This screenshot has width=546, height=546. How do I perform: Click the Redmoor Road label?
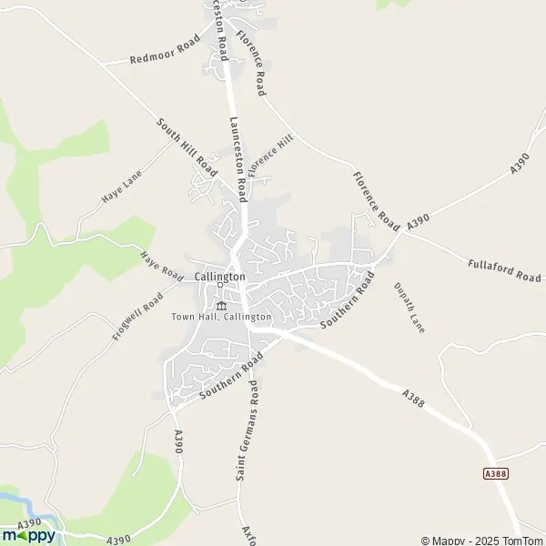click(x=165, y=53)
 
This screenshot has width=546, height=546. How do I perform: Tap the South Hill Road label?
click(x=187, y=147)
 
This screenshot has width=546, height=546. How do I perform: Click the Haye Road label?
click(x=162, y=264)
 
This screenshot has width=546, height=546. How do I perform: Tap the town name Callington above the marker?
click(x=219, y=277)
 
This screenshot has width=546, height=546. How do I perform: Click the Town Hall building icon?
click(x=220, y=304)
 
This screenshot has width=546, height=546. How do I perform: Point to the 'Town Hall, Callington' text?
click(x=221, y=317)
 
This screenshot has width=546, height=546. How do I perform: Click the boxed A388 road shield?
click(x=494, y=474)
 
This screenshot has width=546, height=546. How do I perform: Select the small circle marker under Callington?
click(x=220, y=288)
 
